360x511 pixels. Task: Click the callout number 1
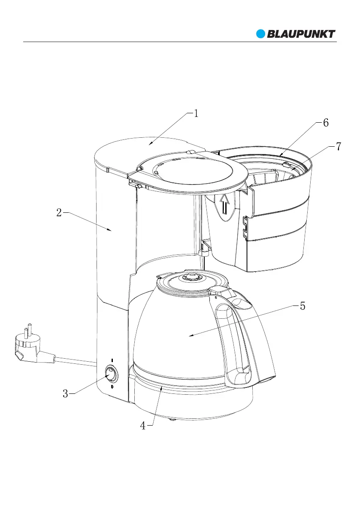[196, 114]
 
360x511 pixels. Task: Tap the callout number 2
[59, 213]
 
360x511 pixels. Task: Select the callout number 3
[65, 394]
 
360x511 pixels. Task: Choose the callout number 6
[326, 123]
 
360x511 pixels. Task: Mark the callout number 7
[339, 146]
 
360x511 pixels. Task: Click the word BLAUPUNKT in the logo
[301, 34]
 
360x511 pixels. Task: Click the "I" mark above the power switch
[112, 360]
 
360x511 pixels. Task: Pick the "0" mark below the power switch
[112, 387]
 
